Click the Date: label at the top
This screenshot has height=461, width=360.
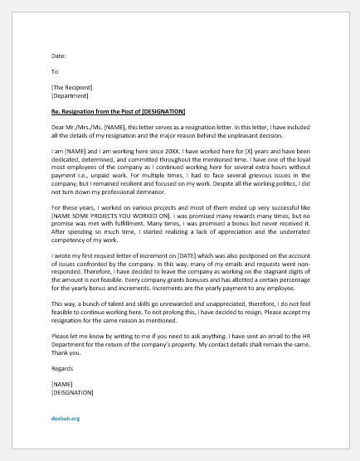point(58,56)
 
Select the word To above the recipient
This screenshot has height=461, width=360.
point(55,71)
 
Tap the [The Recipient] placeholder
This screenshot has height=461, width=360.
point(71,87)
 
